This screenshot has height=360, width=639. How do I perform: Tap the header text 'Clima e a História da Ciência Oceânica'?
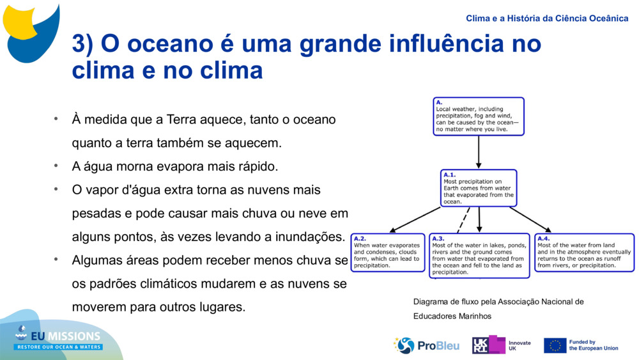tap(546, 18)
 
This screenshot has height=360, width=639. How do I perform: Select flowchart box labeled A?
tap(479, 116)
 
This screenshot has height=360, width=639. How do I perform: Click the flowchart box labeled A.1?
tap(479, 188)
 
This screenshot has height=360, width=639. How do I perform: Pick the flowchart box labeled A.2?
tap(387, 253)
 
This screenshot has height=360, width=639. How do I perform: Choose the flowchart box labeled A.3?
tap(479, 256)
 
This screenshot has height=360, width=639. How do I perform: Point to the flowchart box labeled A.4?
tap(584, 253)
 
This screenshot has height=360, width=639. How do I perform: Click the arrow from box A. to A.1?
tap(479, 152)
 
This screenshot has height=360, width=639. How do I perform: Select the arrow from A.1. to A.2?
tap(415, 219)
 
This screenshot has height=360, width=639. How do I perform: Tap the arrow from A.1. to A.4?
tap(530, 219)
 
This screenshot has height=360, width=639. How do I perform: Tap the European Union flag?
tap(555, 345)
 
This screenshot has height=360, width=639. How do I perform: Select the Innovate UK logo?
tap(502, 345)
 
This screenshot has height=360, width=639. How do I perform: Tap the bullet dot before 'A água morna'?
tap(56, 166)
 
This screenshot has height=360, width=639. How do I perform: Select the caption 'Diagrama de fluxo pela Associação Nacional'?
tap(498, 302)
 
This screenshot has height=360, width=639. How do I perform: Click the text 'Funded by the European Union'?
tap(593, 345)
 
